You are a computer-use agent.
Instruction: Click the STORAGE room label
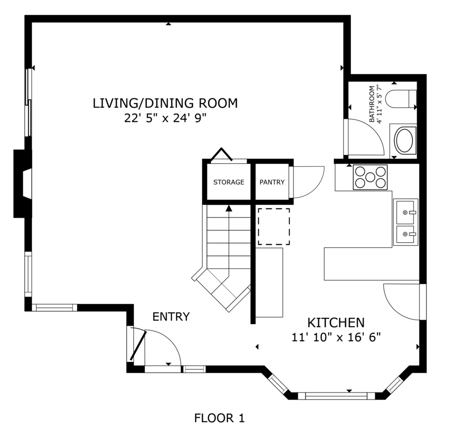pos(229,182)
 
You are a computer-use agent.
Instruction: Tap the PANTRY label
pos(272,182)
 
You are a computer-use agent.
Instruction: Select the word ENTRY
pos(171,317)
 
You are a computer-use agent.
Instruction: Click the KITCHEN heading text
pos(336,323)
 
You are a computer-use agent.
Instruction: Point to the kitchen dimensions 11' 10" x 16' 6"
pos(336,338)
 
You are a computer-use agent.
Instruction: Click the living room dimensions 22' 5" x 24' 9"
pos(165,118)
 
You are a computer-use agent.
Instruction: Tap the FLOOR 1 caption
pos(220,418)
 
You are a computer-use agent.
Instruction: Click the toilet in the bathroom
pos(401,99)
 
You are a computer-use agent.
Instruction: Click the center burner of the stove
pos(370,177)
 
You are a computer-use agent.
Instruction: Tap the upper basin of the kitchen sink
pos(405,212)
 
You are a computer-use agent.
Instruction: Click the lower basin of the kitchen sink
pos(405,234)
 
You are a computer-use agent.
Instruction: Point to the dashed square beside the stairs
pos(274,227)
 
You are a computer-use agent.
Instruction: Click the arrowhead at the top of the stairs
pos(229,208)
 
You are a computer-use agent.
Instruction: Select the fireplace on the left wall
pos(22,184)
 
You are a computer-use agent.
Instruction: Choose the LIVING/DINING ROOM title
pos(165,103)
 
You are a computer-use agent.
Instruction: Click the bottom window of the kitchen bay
pos(336,396)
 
